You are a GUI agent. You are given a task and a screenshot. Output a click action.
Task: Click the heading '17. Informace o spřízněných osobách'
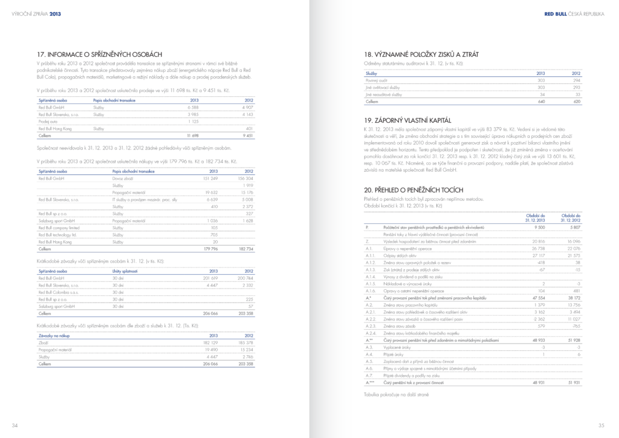click(99, 54)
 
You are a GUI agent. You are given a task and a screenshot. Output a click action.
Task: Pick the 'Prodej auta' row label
click(48, 122)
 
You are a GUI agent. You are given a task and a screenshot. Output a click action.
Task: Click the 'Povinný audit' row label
click(375, 80)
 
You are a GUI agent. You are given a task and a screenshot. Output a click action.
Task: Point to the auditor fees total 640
click(541, 102)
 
